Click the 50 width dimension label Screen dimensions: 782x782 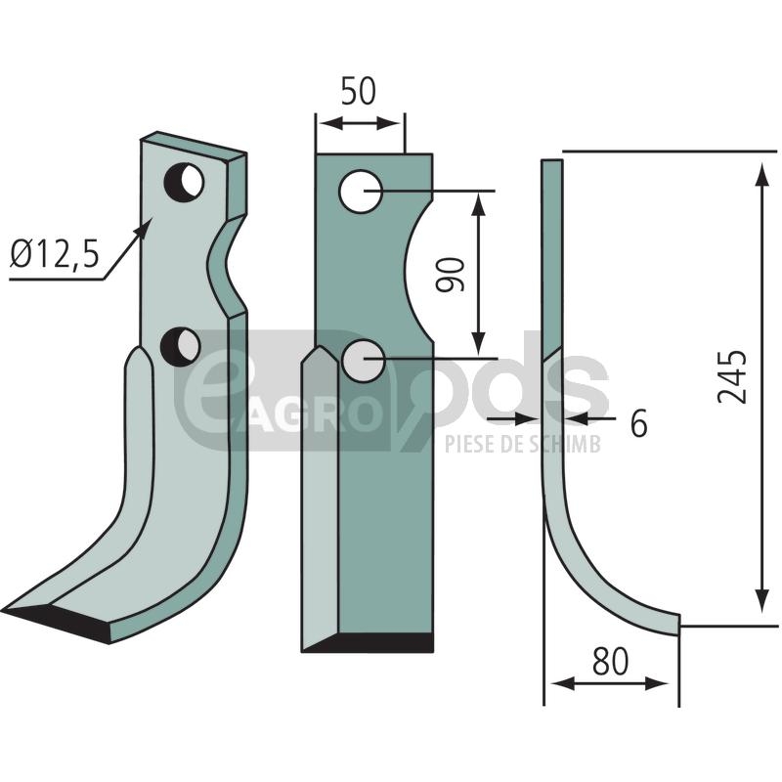(358, 91)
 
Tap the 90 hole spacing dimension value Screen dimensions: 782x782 (450, 275)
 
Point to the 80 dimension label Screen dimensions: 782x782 (610, 662)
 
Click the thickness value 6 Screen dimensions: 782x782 (639, 423)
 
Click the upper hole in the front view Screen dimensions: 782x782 (361, 191)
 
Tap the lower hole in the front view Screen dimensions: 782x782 (364, 361)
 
